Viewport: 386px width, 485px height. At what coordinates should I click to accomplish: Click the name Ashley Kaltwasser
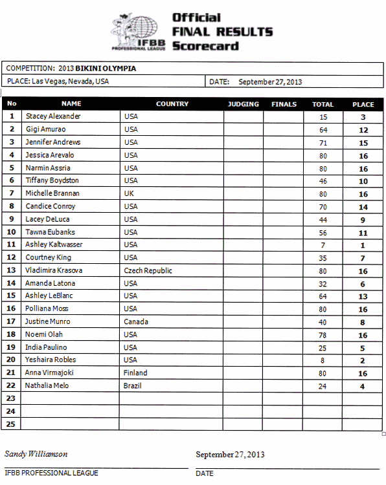pos(54,244)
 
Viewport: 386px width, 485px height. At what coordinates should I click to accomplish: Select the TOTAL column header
pos(323,104)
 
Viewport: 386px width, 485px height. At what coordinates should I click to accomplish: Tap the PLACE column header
pos(363,104)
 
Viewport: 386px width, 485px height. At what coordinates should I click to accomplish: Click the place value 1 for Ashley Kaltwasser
pos(363,245)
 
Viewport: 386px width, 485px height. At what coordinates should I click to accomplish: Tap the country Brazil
pos(132,385)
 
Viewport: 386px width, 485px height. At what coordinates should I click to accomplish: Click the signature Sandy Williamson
pos(36,454)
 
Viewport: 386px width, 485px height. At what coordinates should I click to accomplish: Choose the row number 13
pos(12,270)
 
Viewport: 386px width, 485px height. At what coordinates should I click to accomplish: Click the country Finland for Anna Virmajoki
pos(135,372)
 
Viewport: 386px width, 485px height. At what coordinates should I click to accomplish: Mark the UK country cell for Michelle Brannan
pos(128,193)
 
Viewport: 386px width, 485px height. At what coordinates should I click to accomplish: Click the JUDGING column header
pos(244,104)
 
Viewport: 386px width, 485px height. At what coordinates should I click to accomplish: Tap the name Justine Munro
pos(48,321)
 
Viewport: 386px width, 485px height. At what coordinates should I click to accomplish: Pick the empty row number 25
pos(12,424)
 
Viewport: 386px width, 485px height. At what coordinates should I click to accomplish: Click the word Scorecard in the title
pos(205,46)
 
